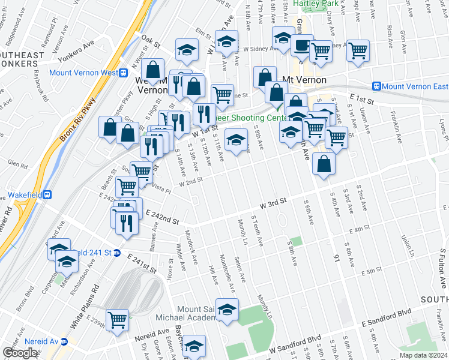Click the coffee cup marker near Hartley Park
tap(303, 46)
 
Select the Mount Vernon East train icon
tap(377, 86)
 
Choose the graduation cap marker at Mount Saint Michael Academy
tap(227, 310)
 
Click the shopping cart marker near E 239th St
tap(117, 320)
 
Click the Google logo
tap(20, 353)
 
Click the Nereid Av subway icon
tap(65, 341)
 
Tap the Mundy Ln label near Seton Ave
tap(243, 232)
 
